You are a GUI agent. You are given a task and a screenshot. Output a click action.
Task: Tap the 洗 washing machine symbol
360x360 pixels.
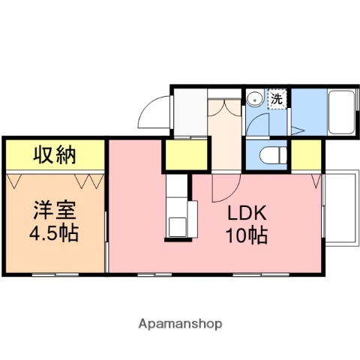(277, 98)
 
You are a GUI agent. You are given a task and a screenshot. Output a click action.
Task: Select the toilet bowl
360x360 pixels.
(268, 155)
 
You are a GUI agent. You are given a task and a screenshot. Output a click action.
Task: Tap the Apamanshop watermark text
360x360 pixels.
(179, 324)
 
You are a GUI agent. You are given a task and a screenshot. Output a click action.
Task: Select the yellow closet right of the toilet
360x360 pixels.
(305, 154)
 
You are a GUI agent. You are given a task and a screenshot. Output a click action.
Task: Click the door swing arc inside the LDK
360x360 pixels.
(224, 187)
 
